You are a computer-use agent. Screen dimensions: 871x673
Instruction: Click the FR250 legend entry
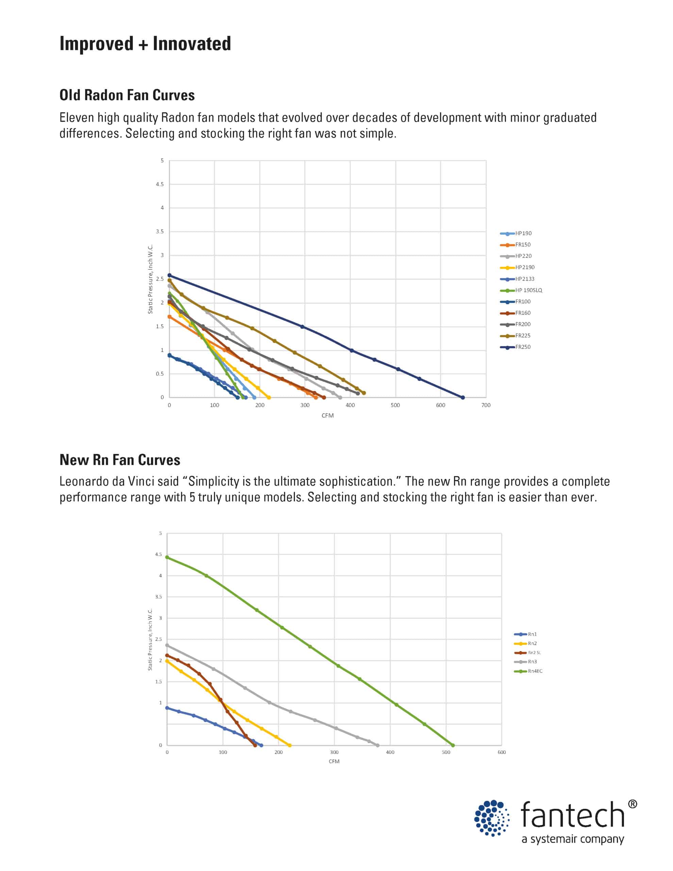[x=522, y=347]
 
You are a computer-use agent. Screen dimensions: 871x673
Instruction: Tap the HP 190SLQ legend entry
[x=528, y=290]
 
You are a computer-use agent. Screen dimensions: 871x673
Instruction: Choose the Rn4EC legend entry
[x=535, y=671]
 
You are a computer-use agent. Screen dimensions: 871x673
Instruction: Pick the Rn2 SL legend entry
[x=534, y=653]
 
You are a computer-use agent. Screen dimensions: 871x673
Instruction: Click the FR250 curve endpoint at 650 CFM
[x=462, y=398]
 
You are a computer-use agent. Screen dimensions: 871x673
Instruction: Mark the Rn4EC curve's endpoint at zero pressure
[x=453, y=745]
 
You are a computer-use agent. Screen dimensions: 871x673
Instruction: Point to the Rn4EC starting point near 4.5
[x=167, y=558]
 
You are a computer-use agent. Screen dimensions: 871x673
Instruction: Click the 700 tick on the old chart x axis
[x=486, y=405]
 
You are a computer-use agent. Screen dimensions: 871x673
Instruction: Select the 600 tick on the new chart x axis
[x=502, y=753]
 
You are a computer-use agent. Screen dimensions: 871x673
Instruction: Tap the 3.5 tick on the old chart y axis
[x=159, y=232]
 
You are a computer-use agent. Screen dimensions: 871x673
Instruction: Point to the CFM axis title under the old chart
[x=327, y=415]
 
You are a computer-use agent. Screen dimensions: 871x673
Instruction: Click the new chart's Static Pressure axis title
[x=150, y=640]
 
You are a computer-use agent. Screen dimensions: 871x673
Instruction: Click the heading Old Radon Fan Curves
[x=127, y=95]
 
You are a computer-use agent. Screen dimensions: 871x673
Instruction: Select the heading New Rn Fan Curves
[x=120, y=460]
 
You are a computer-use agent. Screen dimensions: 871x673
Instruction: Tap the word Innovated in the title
[x=192, y=44]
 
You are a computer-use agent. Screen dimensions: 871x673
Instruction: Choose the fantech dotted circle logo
[x=492, y=818]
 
